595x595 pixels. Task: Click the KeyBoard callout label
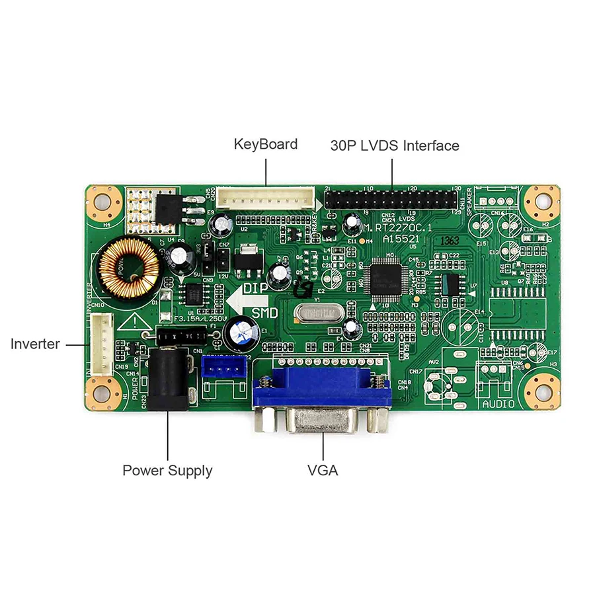pyautogui.click(x=266, y=144)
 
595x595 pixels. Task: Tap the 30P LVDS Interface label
pyautogui.click(x=395, y=145)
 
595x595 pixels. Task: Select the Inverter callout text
pyautogui.click(x=35, y=344)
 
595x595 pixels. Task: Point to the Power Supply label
pyautogui.click(x=167, y=471)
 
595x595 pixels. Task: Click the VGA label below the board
pyautogui.click(x=323, y=471)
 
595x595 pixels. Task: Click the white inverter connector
pyautogui.click(x=102, y=343)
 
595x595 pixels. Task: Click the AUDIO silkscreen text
pyautogui.click(x=498, y=403)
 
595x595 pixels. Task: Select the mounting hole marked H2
pyautogui.click(x=541, y=201)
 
